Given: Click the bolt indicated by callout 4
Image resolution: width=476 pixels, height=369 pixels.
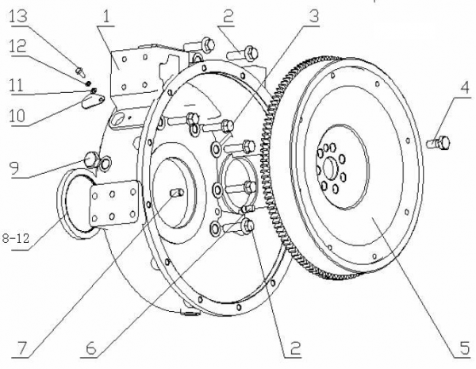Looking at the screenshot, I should (x=439, y=143).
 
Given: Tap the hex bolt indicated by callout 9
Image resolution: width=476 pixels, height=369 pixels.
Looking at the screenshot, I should (x=90, y=159).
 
